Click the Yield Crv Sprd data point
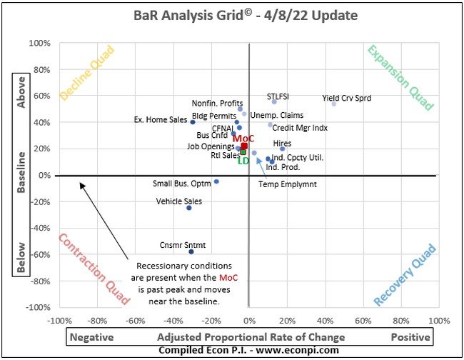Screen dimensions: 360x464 click(333, 104)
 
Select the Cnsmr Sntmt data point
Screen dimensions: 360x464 click(191, 251)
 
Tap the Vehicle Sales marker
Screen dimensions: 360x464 click(189, 208)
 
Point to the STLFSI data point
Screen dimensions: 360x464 click(274, 101)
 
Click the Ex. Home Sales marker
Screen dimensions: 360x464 click(193, 122)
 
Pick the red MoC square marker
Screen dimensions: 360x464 click(244, 146)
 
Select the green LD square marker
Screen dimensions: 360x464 click(243, 152)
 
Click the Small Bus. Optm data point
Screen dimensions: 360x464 click(216, 181)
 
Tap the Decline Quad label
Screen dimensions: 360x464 click(88, 74)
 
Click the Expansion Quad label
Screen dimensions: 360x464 click(400, 78)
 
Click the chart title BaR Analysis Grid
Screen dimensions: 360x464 click(231, 15)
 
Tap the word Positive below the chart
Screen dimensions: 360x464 click(410, 336)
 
